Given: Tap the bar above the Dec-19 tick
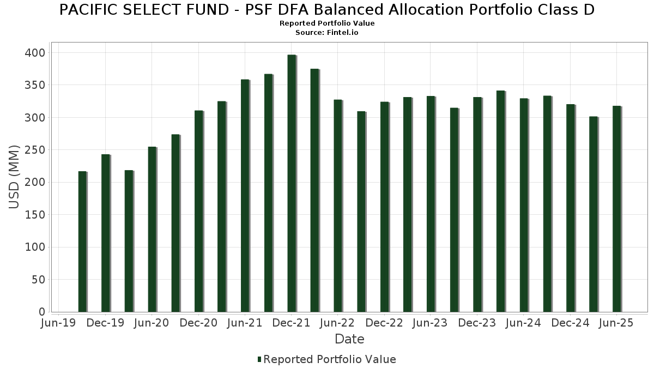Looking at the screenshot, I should click(x=106, y=233).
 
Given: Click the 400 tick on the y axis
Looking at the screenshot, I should click(x=38, y=53).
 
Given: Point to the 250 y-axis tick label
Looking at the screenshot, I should click(x=38, y=150).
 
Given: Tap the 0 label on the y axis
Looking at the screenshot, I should click(x=42, y=312).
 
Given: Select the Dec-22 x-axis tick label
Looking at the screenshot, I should click(x=384, y=323).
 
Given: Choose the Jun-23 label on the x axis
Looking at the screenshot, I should click(x=431, y=323).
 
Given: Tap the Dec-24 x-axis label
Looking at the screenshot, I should click(x=570, y=323).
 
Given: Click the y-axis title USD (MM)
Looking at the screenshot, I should click(x=15, y=177).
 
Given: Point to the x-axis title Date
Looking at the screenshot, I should click(x=349, y=339).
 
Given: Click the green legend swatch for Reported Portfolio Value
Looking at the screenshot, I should click(x=259, y=359).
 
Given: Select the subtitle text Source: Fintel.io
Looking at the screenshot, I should click(x=327, y=33).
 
